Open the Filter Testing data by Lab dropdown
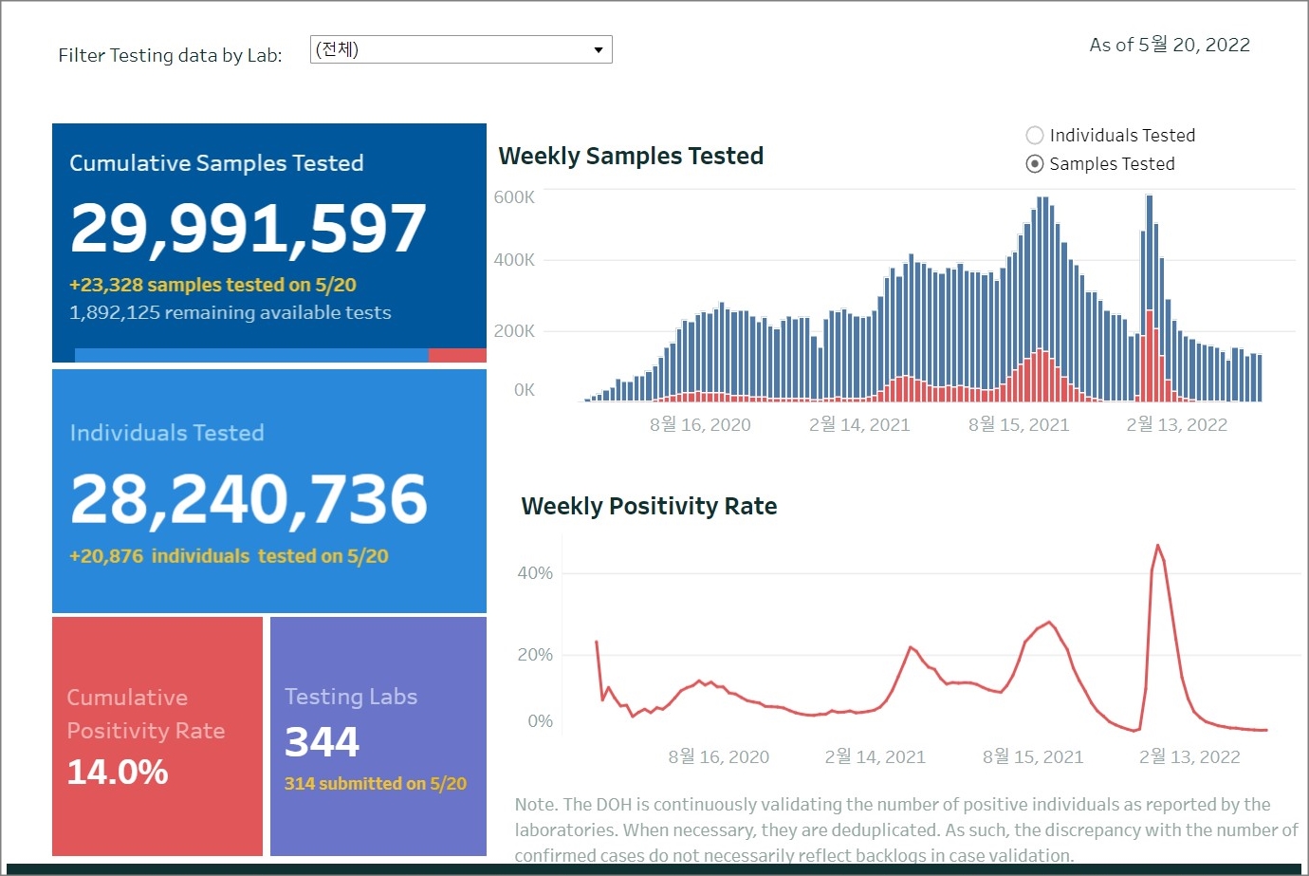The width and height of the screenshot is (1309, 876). (x=461, y=49)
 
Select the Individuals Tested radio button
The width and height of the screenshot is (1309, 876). (x=1035, y=136)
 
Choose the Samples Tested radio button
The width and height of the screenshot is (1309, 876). (x=1035, y=164)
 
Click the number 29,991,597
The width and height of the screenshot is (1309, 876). (x=249, y=229)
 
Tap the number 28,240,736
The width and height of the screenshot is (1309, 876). (x=249, y=499)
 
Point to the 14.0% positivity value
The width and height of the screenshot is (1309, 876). (x=118, y=772)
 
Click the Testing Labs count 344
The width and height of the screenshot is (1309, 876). (x=322, y=741)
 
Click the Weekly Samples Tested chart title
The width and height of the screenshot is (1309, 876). (x=631, y=156)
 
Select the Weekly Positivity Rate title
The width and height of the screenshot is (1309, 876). (x=649, y=506)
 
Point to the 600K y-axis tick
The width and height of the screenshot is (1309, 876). (x=514, y=197)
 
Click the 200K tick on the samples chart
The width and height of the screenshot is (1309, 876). (x=514, y=331)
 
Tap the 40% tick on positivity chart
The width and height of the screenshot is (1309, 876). (x=535, y=573)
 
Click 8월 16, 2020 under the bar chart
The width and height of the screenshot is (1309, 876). (x=700, y=425)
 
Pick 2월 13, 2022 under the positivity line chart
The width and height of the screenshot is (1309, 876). (x=1189, y=756)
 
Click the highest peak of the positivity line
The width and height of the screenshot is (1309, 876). (x=1157, y=546)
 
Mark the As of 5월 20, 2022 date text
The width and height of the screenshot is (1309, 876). (x=1170, y=45)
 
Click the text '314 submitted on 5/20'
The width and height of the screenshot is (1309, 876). (x=376, y=784)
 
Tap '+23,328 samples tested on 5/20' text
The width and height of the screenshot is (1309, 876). (x=212, y=285)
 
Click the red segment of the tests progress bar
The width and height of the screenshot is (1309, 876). (x=457, y=355)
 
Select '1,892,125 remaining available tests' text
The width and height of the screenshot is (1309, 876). (x=230, y=312)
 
